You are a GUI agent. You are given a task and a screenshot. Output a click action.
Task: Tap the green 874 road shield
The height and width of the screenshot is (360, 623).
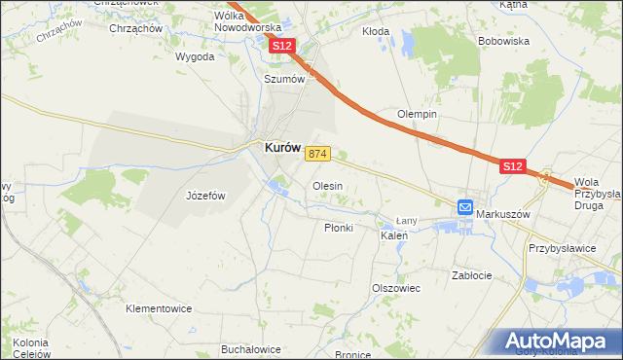click(x=319, y=154)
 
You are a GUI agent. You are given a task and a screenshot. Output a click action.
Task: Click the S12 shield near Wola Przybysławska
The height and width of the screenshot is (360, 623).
click(x=514, y=167)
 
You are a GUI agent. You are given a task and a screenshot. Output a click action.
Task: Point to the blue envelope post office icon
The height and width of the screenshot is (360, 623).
click(x=465, y=207)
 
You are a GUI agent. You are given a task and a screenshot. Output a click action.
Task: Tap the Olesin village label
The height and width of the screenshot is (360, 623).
click(x=326, y=185)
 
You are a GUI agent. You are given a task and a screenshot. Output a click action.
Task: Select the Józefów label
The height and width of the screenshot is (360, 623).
click(x=205, y=196)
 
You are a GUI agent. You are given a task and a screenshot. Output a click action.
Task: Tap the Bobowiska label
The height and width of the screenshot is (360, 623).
click(x=503, y=42)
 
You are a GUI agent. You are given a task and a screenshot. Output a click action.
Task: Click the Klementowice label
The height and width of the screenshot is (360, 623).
click(x=159, y=308)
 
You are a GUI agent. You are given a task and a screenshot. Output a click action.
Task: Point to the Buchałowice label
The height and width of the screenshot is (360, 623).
click(x=251, y=349)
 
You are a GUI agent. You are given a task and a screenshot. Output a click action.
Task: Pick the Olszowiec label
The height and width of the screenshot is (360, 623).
click(x=395, y=288)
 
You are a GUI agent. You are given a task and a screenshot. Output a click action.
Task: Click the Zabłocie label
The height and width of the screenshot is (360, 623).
click(x=472, y=275)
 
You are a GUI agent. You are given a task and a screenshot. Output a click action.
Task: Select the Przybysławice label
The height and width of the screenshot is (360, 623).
click(x=562, y=248)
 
